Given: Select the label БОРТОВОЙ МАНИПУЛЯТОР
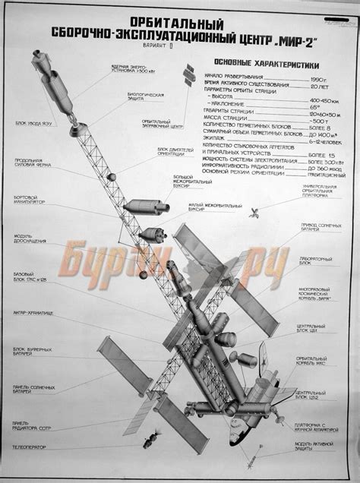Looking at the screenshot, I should coord(30,200).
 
